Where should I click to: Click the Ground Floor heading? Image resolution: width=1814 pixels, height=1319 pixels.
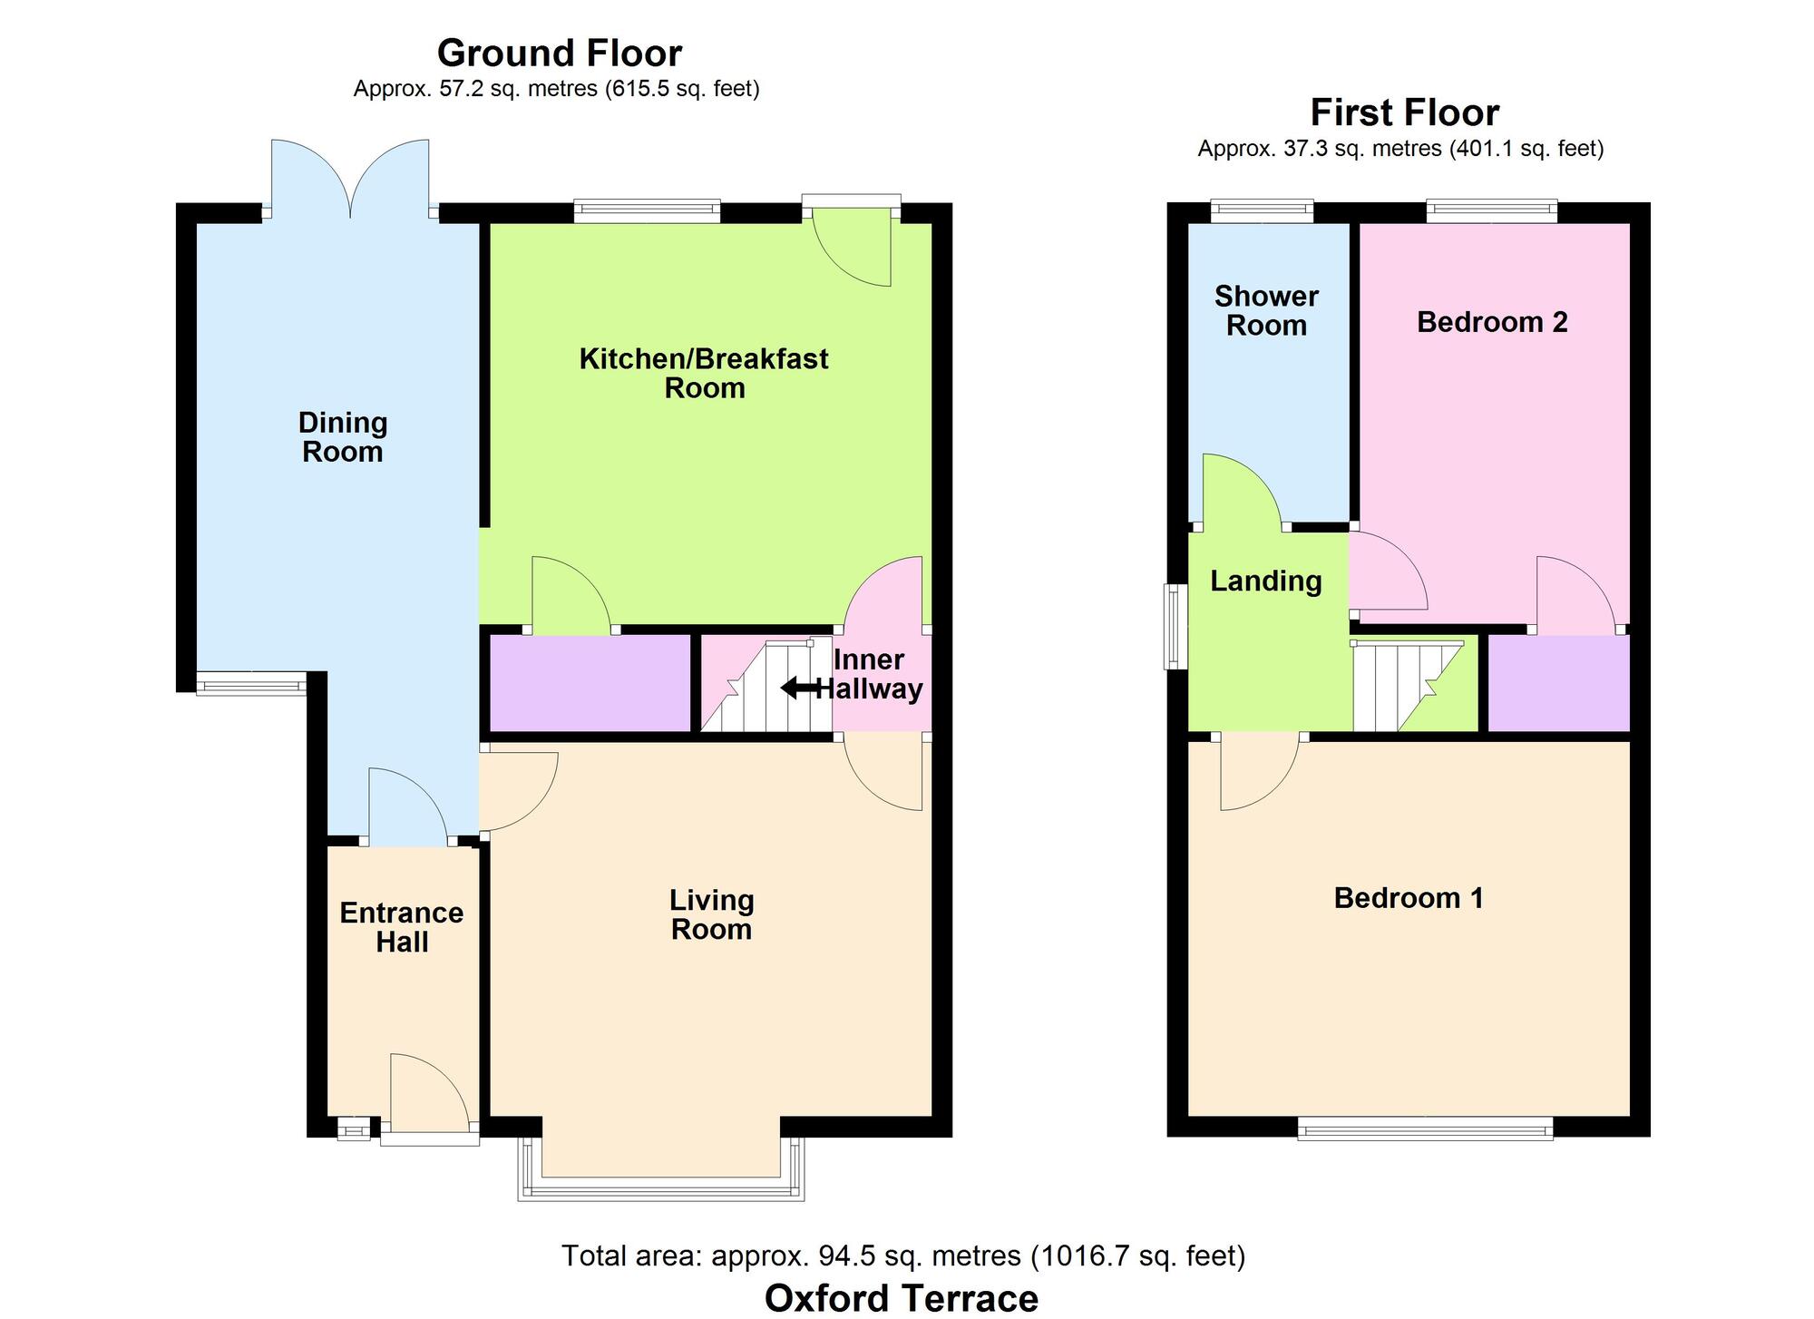[x=559, y=54]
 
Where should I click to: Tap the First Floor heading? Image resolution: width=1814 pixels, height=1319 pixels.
[x=1404, y=113]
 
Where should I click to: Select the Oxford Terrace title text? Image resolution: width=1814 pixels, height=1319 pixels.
[x=901, y=1298]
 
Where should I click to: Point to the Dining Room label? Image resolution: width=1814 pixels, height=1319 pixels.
[x=343, y=437]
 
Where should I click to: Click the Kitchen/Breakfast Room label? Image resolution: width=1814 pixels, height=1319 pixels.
[x=704, y=373]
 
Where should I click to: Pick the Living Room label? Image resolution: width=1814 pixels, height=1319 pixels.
[x=712, y=914]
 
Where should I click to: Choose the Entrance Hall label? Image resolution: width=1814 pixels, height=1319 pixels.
[x=402, y=927]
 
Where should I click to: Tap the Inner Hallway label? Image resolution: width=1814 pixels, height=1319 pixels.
[x=869, y=674]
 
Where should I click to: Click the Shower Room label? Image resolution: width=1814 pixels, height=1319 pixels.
[x=1266, y=310]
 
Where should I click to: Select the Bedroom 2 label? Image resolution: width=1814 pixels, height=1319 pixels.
[x=1492, y=322]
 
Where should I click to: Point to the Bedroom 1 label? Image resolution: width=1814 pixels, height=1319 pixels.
[x=1409, y=898]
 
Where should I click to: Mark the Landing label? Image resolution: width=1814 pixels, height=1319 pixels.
[x=1266, y=581]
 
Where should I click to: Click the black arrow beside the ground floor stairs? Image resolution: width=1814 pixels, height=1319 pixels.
[x=798, y=689]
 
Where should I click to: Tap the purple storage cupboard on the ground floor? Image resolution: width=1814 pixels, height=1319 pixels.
[x=590, y=682]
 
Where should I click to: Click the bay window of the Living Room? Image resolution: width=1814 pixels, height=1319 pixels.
[x=661, y=1188]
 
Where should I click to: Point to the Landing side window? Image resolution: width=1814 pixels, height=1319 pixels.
[x=1175, y=626]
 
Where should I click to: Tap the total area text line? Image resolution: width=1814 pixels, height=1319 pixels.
[x=903, y=1255]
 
